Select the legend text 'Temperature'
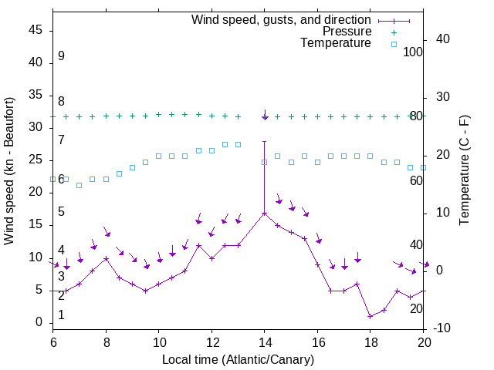(x=336, y=43)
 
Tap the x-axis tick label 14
(x=265, y=341)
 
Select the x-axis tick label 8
(x=106, y=341)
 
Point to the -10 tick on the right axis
(x=442, y=328)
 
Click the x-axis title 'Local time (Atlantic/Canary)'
(x=239, y=359)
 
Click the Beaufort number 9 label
(x=61, y=56)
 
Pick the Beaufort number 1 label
(x=61, y=315)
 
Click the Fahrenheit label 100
(x=414, y=52)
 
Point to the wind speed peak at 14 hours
(x=265, y=213)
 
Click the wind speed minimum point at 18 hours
(x=370, y=316)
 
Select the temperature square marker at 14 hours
(x=265, y=162)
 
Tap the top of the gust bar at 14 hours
(x=265, y=141)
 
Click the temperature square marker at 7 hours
(x=80, y=185)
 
